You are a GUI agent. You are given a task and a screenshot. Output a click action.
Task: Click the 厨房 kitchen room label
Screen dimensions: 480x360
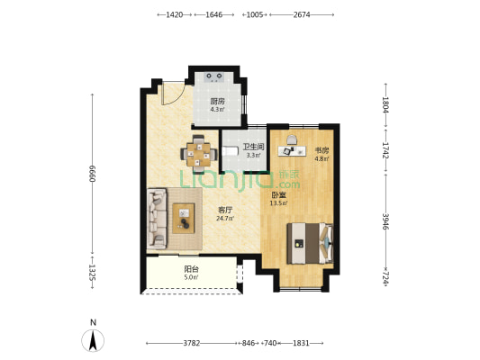(x=217, y=101)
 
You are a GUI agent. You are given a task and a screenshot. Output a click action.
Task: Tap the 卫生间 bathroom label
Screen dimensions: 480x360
(x=253, y=147)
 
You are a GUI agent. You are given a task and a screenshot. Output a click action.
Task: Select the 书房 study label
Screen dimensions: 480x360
(x=322, y=150)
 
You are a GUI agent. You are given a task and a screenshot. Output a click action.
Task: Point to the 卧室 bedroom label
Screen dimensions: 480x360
(x=278, y=194)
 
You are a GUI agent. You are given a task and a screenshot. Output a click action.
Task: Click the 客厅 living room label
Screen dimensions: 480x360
(x=225, y=210)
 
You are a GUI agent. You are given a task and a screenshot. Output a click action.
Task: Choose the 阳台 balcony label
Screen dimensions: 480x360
(x=191, y=269)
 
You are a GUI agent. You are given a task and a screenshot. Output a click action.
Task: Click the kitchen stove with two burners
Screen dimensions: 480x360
(x=214, y=76)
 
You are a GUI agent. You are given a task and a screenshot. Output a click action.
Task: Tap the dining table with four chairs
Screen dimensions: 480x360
(x=199, y=154)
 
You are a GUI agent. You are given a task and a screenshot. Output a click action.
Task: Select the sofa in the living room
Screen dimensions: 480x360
(x=157, y=219)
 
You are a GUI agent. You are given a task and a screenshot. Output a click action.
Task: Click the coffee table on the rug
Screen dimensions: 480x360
(x=184, y=219)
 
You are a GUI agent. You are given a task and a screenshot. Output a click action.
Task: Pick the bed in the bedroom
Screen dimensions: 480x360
(x=310, y=244)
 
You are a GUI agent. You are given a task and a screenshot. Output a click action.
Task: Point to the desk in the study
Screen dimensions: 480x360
(x=292, y=150)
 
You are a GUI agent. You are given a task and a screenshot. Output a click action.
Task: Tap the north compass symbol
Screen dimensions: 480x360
(x=93, y=340)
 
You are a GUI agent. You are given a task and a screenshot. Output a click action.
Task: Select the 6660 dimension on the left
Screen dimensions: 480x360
(x=93, y=174)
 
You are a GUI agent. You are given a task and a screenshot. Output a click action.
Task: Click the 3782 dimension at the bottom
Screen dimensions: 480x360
(x=192, y=343)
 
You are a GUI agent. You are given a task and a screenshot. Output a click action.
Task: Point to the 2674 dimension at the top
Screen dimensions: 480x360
(x=302, y=14)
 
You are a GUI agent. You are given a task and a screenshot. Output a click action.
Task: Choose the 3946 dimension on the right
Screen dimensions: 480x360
(x=385, y=221)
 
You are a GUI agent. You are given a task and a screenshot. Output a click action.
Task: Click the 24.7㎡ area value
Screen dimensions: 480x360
(x=225, y=219)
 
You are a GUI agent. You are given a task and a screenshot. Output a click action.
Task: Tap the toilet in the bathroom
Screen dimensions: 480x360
(x=231, y=151)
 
